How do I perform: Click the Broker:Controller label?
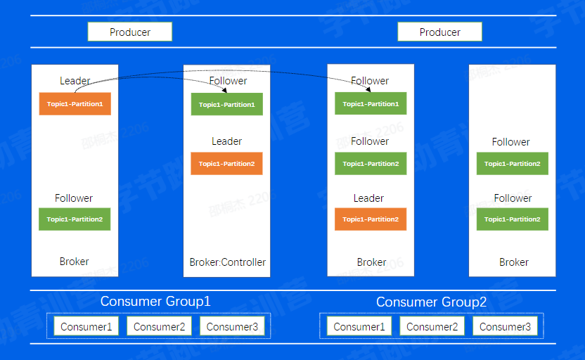(x=227, y=262)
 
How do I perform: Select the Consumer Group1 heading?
(x=155, y=302)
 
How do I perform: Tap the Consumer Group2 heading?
(x=431, y=302)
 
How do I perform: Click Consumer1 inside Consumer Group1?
(x=86, y=326)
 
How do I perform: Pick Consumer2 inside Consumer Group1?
(x=159, y=326)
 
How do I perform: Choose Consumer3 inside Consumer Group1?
(x=232, y=326)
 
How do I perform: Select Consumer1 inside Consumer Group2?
(x=359, y=326)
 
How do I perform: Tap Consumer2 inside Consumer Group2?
(x=432, y=326)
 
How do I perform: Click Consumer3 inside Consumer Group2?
(x=505, y=326)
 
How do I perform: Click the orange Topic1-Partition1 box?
(x=75, y=104)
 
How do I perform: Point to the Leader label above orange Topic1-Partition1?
(x=75, y=81)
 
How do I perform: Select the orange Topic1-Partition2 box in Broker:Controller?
(x=226, y=164)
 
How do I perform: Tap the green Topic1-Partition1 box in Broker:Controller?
(x=226, y=105)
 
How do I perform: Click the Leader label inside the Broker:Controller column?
(x=226, y=141)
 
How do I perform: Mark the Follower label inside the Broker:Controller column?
(x=228, y=81)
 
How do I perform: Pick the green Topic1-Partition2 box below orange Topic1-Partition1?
(x=75, y=219)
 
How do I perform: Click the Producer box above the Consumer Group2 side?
(x=439, y=32)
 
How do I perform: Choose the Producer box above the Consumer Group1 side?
(x=129, y=32)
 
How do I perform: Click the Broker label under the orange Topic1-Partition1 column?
(x=74, y=262)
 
